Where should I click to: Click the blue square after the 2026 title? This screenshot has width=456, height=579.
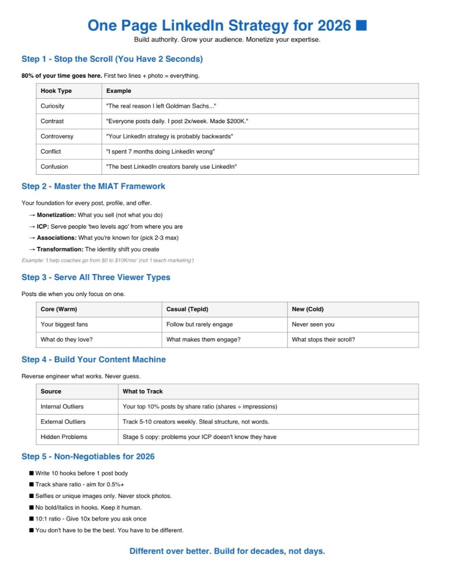[x=361, y=25]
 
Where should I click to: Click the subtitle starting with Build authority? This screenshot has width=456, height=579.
[x=227, y=39]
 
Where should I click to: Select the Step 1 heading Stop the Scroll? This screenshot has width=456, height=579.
[x=112, y=59]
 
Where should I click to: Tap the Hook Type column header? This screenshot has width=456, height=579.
[x=56, y=91]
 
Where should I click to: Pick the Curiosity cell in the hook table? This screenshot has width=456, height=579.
[x=52, y=106]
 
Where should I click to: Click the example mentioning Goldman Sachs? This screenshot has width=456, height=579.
[x=161, y=106]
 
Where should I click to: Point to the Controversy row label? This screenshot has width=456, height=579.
[x=57, y=136]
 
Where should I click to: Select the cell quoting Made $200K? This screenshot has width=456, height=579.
[x=177, y=121]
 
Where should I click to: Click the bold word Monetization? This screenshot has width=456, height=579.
[x=56, y=215]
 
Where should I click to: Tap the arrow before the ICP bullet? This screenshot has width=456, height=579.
[x=32, y=226]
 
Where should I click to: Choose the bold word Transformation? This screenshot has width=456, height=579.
[x=60, y=249]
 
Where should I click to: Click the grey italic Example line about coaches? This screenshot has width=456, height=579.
[x=108, y=260]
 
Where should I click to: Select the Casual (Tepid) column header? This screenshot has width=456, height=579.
[x=187, y=309]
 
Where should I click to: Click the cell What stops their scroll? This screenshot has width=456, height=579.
[x=323, y=340]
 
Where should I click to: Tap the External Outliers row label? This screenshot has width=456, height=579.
[x=63, y=422]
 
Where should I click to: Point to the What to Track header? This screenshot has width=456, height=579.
[x=142, y=391]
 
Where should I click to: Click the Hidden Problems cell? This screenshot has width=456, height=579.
[x=64, y=437]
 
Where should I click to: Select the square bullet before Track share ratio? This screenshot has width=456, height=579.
[x=31, y=484]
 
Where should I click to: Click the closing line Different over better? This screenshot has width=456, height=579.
[x=227, y=551]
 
